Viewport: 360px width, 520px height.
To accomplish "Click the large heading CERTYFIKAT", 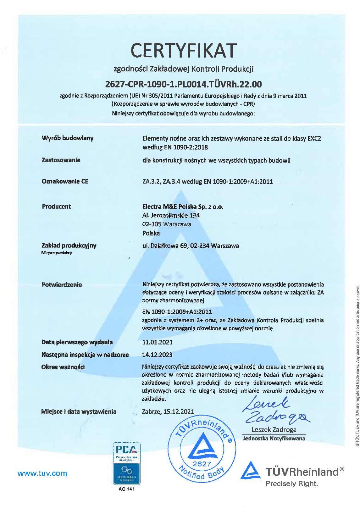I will pos(184,51).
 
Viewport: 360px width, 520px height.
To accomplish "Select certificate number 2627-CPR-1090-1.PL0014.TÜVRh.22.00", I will pos(183,84).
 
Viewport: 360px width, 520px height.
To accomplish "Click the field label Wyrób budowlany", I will pos(68,138).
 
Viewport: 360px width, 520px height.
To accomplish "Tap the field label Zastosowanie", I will pos(61,160).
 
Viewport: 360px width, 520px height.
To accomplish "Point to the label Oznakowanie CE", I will pos(65,181).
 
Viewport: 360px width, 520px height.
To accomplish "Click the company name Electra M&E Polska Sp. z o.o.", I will pos(183,207).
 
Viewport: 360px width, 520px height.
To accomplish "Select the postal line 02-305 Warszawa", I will pos(167,224).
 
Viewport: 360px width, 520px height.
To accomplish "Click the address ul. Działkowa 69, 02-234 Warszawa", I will pos(191,246).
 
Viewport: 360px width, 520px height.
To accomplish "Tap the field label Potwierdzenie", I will pos(62,285).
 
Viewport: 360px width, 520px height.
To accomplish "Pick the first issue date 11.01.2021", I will pos(157,342).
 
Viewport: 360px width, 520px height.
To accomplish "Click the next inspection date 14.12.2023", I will pos(157,355).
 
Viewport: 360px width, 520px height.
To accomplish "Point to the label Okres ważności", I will pos(63,367).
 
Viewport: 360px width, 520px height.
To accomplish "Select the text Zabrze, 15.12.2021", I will pos(168,411).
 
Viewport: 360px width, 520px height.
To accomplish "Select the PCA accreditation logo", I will pos(126,463).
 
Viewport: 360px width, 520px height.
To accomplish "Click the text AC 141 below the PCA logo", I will pos(126,489).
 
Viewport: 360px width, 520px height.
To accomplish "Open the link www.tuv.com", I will pos(42,473).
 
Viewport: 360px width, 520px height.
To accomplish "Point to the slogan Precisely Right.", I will pos(292,484).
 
